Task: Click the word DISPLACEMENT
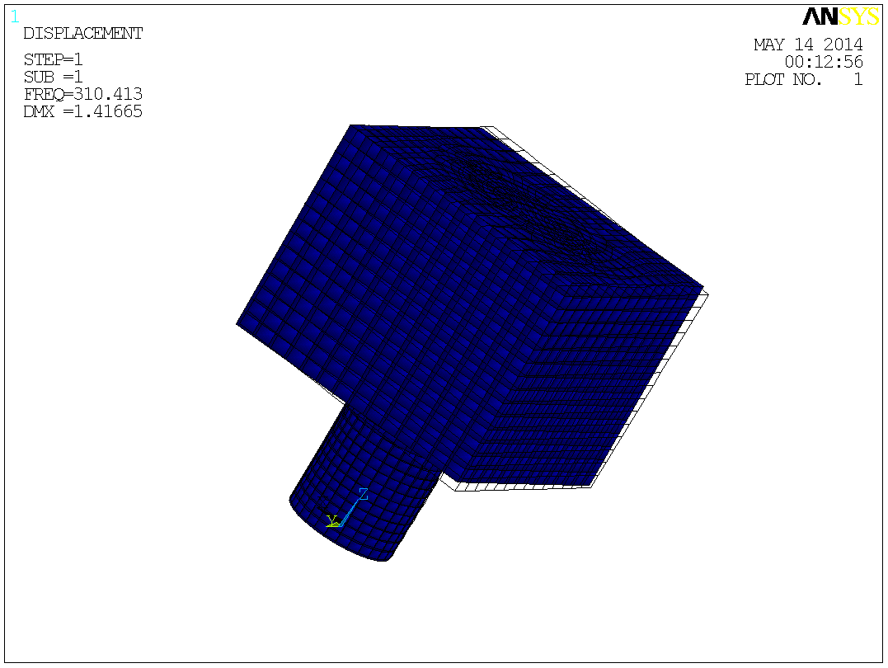(82, 34)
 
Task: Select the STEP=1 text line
(54, 60)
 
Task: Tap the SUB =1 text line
(54, 78)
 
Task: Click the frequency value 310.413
(108, 95)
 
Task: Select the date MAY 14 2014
(808, 45)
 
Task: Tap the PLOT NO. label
(783, 80)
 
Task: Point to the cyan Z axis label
(363, 495)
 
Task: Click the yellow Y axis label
(332, 520)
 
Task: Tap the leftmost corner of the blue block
(238, 323)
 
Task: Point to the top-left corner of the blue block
(353, 126)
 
